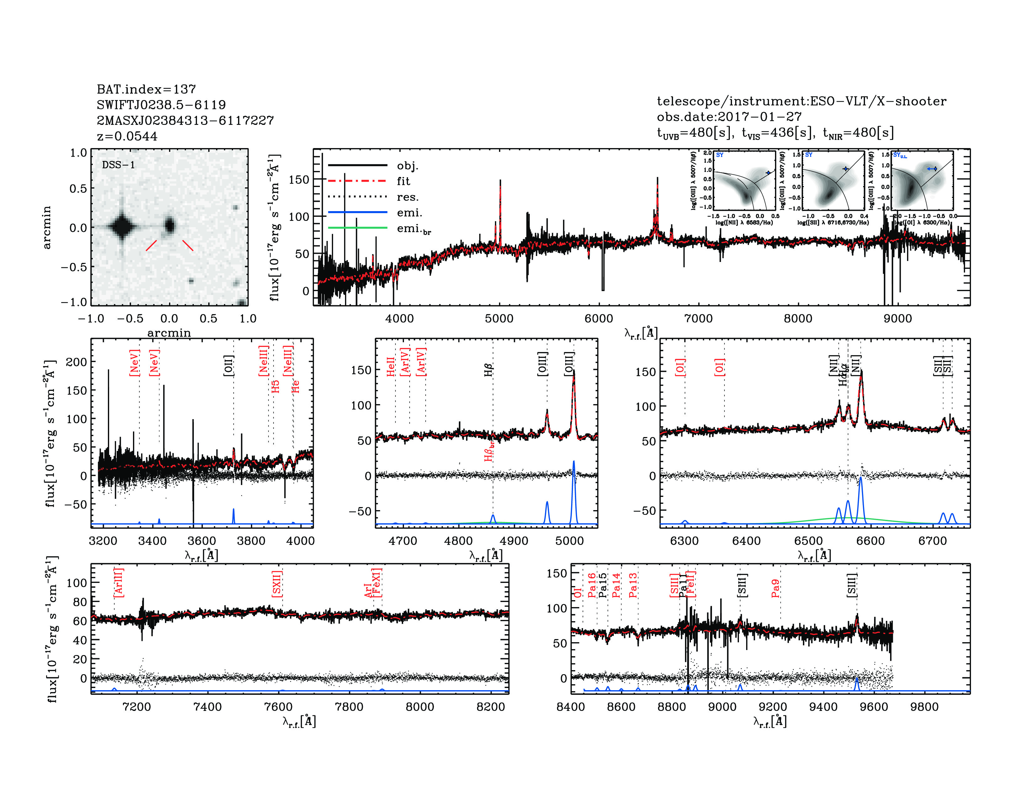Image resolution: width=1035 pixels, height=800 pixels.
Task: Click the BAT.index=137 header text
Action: click(x=146, y=89)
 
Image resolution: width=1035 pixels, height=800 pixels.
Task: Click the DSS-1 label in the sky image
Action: click(x=119, y=165)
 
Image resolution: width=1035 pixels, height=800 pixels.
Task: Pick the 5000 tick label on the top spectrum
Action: click(x=499, y=318)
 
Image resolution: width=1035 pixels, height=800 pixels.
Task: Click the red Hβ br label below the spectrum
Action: click(x=489, y=451)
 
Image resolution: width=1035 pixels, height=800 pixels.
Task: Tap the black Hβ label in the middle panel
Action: click(x=489, y=370)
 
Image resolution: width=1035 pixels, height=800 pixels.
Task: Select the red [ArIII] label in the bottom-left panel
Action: click(x=119, y=583)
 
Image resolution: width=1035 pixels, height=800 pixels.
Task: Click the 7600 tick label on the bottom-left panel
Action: click(x=278, y=707)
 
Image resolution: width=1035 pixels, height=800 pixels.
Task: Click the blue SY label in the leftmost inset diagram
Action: click(x=720, y=155)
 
